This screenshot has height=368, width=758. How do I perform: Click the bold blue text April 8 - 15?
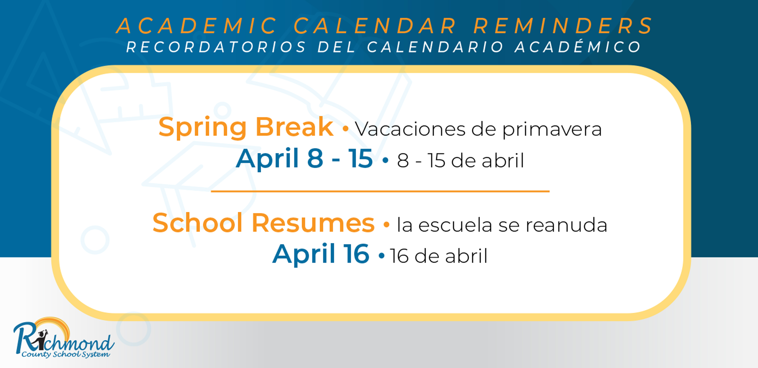pos(304,159)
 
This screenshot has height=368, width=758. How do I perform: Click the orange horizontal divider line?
pos(380,191)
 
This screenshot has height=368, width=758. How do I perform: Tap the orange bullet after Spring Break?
pos(346,129)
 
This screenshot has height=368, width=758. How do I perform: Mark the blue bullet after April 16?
pos(382,255)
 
